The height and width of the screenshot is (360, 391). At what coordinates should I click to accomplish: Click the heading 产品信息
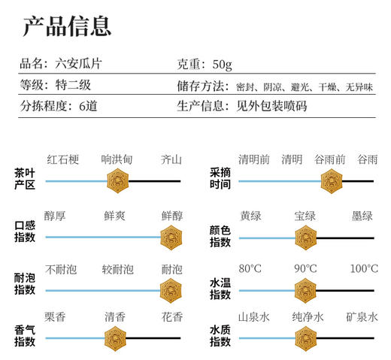coord(67,26)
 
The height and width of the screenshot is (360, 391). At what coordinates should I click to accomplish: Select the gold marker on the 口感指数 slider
coord(171,237)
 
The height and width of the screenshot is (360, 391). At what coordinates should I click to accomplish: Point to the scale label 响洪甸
coord(117,159)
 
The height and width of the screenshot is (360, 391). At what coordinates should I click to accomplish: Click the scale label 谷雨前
coord(330,159)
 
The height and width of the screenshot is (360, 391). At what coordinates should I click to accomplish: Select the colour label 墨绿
coord(362,216)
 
